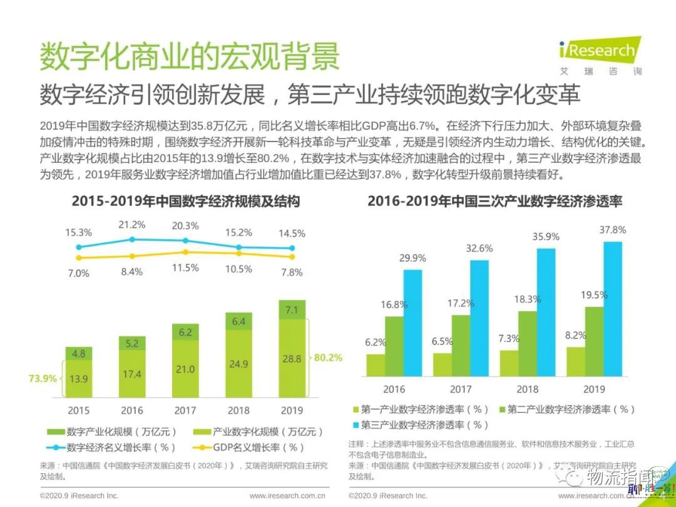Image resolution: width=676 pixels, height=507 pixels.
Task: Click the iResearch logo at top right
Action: [x=597, y=55]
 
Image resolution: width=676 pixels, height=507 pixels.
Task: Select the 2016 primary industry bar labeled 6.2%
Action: [x=376, y=365]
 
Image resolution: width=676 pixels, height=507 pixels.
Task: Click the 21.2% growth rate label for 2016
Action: [x=131, y=225]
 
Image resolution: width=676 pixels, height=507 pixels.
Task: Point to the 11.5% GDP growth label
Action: [x=185, y=268]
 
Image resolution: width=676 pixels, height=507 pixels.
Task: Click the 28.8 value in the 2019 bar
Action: [x=292, y=359]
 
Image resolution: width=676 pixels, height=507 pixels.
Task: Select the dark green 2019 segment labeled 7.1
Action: [x=292, y=310]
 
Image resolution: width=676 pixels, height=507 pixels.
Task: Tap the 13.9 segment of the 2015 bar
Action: [x=78, y=379]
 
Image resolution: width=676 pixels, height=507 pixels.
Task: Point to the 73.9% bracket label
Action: [x=43, y=378]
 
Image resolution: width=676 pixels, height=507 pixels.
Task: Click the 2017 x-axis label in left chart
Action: [x=185, y=411]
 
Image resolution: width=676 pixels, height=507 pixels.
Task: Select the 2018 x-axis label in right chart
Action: [x=527, y=389]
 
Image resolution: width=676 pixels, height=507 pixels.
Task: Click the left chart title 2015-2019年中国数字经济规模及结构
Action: [x=185, y=202]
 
